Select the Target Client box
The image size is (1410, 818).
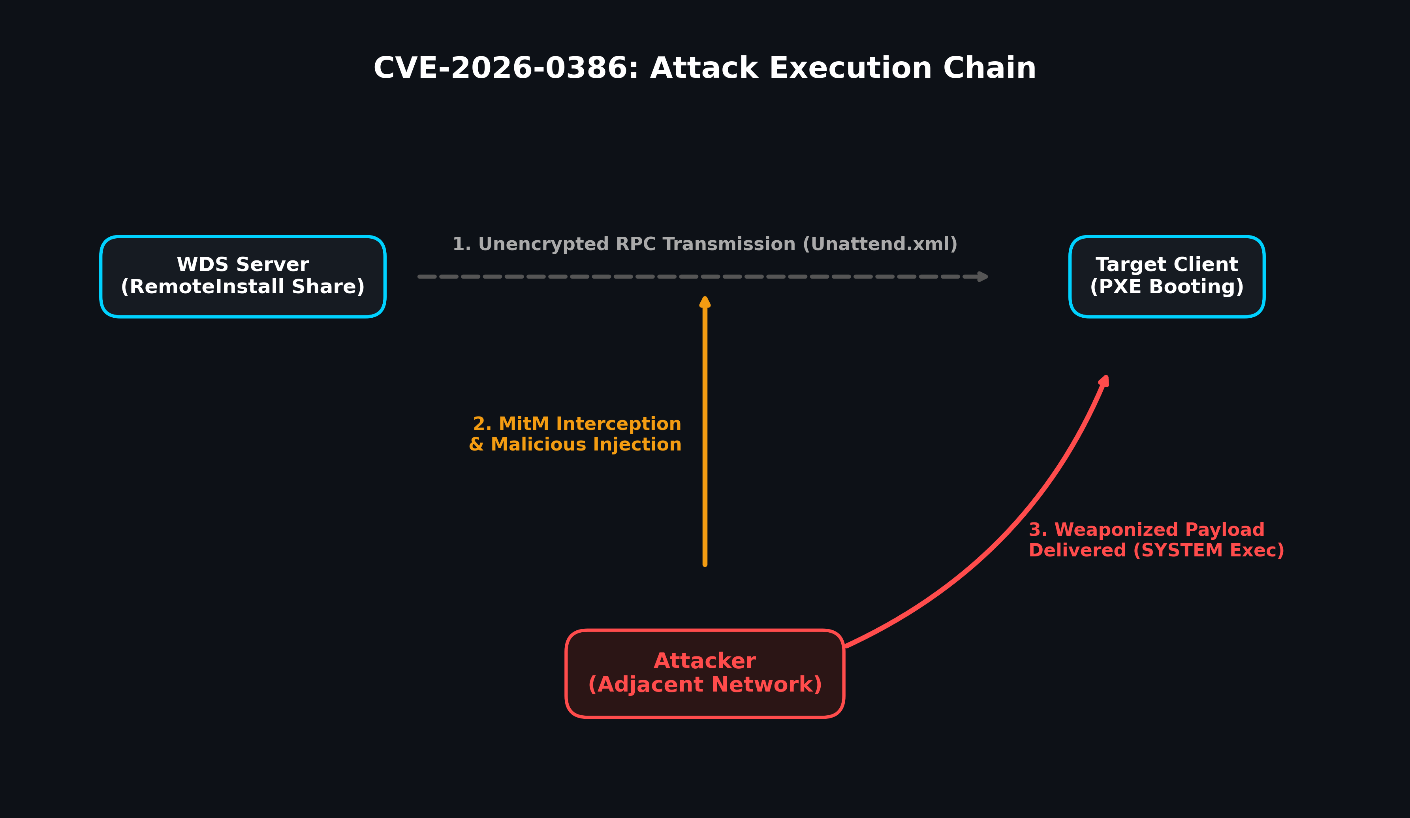(x=1167, y=277)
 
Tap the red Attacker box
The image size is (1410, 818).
(x=705, y=673)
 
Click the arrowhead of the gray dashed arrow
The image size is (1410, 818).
(x=982, y=277)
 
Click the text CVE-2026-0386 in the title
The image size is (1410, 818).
(x=506, y=68)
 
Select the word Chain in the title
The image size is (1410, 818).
(x=989, y=68)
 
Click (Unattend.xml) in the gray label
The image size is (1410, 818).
(x=880, y=244)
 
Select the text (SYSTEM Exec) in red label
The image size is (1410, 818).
(x=1209, y=550)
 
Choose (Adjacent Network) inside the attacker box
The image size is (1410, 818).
(x=705, y=685)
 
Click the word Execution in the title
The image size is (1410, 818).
(x=850, y=68)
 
